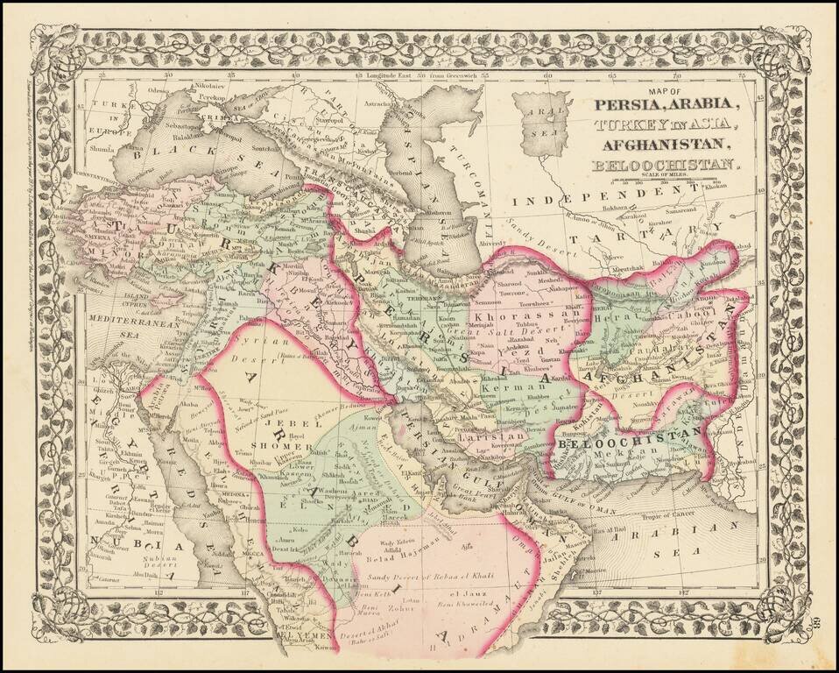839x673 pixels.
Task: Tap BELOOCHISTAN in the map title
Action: tap(663, 165)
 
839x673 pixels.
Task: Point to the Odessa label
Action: tap(158, 90)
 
